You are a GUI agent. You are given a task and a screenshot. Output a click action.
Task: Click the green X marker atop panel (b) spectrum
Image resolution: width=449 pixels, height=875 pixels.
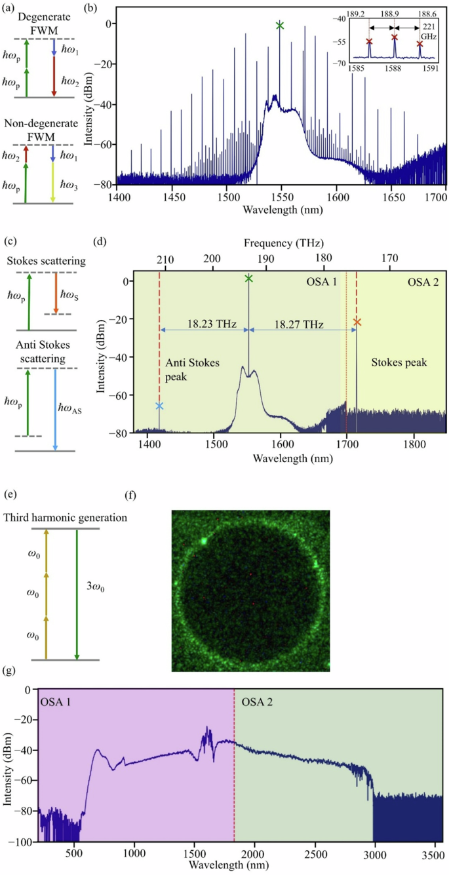pyautogui.click(x=280, y=26)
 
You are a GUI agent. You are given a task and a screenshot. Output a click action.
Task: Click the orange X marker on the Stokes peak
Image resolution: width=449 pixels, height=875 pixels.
pyautogui.click(x=357, y=322)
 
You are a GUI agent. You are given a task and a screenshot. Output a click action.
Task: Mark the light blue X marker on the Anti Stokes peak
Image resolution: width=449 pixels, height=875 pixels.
pyautogui.click(x=159, y=406)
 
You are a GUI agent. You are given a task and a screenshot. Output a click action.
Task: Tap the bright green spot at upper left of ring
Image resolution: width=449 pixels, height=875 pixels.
pyautogui.click(x=205, y=541)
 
